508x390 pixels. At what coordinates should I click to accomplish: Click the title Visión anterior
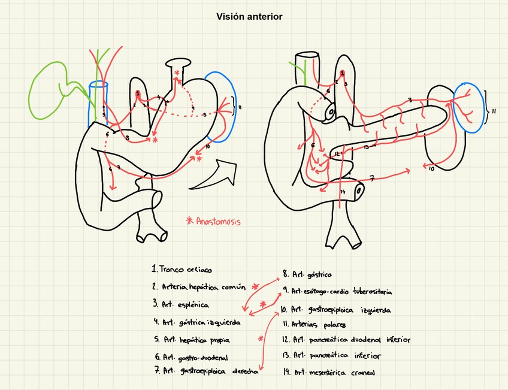click(249, 17)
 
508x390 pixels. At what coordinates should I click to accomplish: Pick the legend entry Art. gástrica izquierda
click(197, 322)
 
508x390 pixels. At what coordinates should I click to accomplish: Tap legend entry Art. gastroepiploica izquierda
click(335, 310)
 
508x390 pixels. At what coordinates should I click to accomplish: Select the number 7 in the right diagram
click(371, 178)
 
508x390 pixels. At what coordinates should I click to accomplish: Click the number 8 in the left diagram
click(128, 139)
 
